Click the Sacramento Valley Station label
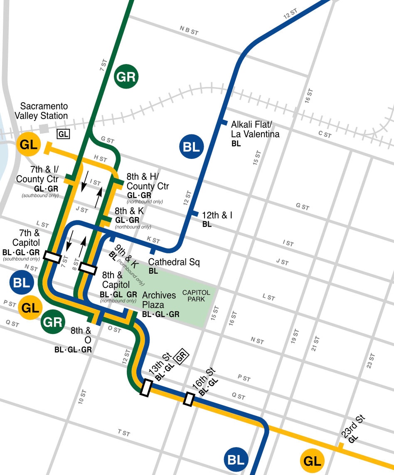click(41, 111)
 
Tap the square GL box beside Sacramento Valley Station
click(64, 134)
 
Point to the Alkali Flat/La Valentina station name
click(255, 129)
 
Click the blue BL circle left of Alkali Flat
click(192, 146)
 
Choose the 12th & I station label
click(217, 215)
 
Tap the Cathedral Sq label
click(174, 262)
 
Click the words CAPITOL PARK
click(196, 296)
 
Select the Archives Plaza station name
click(159, 299)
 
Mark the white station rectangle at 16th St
click(189, 399)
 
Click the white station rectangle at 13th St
click(146, 388)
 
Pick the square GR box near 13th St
click(181, 357)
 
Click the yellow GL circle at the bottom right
click(312, 461)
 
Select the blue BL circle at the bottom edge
click(236, 460)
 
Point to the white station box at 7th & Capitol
click(52, 257)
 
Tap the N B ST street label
click(189, 30)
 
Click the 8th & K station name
click(129, 211)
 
